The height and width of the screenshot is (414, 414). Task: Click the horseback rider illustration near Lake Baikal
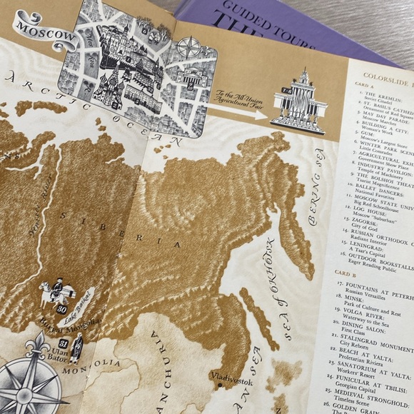tap(51, 293)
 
